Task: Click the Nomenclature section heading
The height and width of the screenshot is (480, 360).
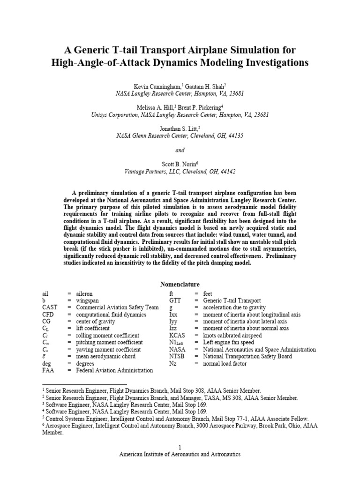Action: tap(180, 285)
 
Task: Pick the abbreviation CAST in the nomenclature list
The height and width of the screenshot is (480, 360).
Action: tap(50, 307)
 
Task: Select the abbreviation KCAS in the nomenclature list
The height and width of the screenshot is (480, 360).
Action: tap(177, 336)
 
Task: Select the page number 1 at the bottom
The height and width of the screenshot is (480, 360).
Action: tap(180, 447)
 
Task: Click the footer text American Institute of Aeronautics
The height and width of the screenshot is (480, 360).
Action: tap(180, 454)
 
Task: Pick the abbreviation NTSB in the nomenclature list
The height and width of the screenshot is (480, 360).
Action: tap(177, 356)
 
